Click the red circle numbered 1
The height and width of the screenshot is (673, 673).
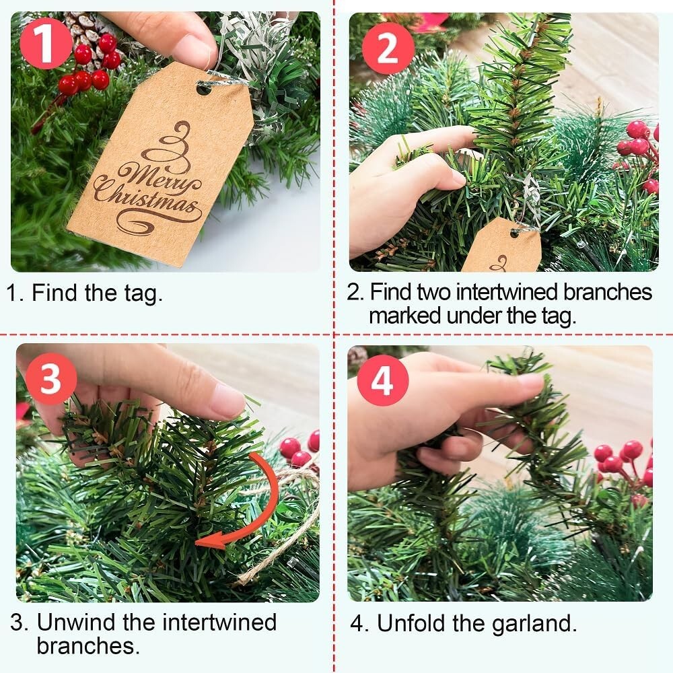click(x=46, y=43)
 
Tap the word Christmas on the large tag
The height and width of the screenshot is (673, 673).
click(x=146, y=201)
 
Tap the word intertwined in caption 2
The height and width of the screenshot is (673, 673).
click(x=509, y=292)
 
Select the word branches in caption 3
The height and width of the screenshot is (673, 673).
click(x=88, y=645)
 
